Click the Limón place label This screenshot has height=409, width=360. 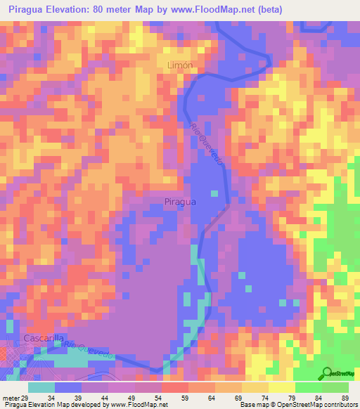point(180,65)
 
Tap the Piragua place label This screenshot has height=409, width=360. point(179,201)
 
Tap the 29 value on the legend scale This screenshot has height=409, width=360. point(25,398)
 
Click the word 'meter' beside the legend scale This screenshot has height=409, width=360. point(11,398)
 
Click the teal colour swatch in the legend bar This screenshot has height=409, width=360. point(41,387)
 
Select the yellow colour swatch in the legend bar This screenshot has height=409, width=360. point(254,387)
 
